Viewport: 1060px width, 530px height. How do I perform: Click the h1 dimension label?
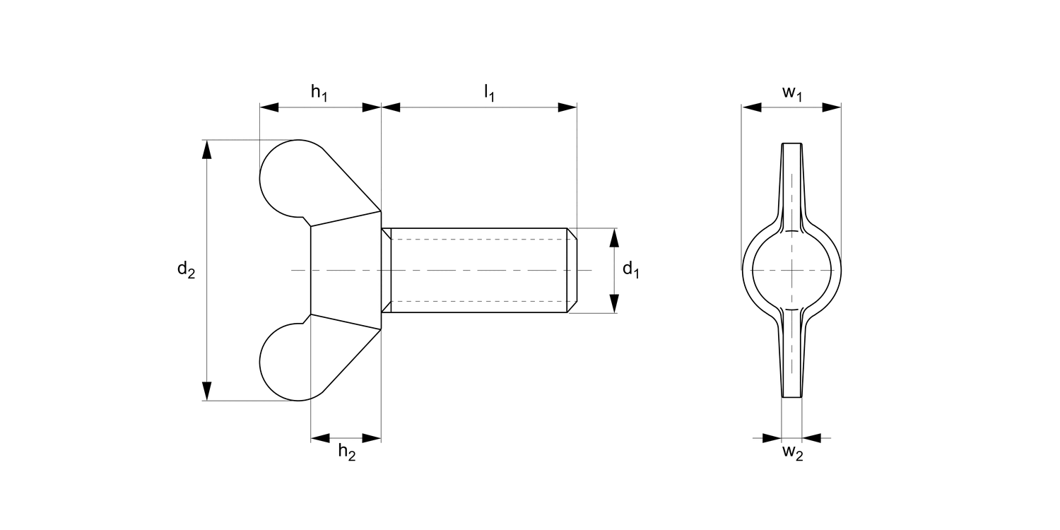[x=319, y=93]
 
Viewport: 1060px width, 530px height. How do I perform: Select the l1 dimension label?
[x=488, y=93]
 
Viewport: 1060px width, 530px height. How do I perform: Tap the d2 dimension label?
[x=185, y=270]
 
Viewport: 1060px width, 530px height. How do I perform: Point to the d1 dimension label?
[x=630, y=270]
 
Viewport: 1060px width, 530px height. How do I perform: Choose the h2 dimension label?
[x=346, y=452]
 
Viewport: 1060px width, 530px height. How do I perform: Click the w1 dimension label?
[x=791, y=93]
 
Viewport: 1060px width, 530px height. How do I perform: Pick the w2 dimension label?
[x=792, y=453]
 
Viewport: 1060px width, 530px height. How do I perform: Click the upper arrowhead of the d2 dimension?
[x=206, y=150]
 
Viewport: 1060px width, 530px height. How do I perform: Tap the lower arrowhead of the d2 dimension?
[x=206, y=391]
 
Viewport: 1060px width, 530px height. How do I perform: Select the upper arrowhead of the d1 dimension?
[x=614, y=238]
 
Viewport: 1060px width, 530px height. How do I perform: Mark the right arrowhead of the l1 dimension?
[x=567, y=107]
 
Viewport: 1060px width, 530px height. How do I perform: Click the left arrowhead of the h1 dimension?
[x=269, y=107]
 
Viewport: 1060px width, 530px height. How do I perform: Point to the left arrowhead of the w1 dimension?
[x=751, y=107]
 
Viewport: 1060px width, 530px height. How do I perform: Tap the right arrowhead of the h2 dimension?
[x=372, y=438]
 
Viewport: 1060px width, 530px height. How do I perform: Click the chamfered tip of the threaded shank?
[x=572, y=270]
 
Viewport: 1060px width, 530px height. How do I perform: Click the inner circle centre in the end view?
[x=791, y=270]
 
